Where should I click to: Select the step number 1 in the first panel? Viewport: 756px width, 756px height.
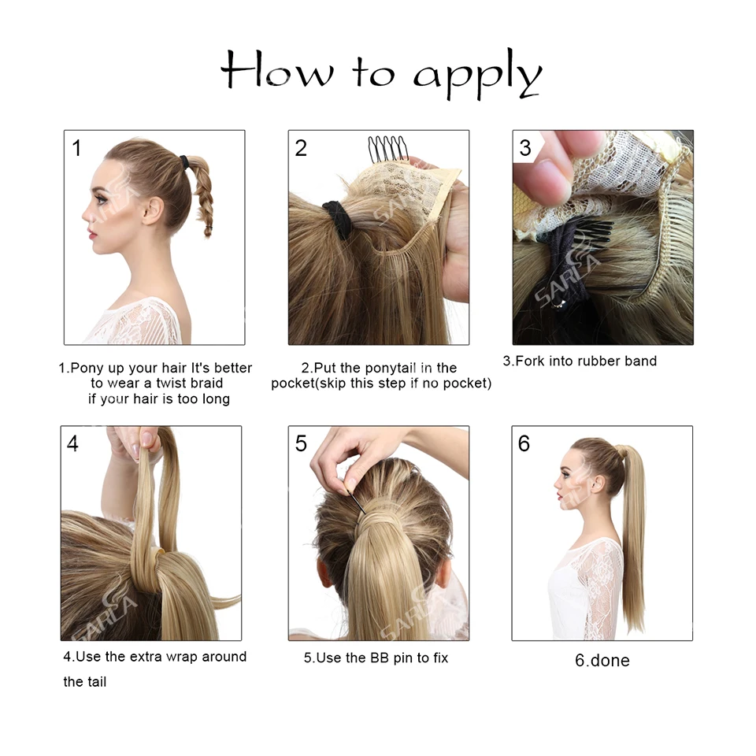point(76,147)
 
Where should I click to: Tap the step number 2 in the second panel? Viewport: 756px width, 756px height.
point(301,147)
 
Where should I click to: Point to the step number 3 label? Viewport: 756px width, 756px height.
point(525,147)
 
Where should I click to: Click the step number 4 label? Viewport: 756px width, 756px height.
point(72,443)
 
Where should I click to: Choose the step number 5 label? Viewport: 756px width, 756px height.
point(301,443)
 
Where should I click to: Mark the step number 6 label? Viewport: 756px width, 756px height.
point(524,443)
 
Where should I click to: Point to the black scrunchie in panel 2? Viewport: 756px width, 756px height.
point(336,220)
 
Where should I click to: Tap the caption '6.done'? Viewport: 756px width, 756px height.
point(602,661)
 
